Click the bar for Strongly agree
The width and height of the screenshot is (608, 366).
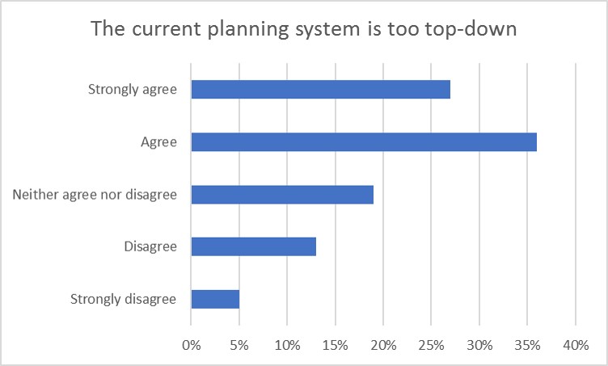[x=320, y=90]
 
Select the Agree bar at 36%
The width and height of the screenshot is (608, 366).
[x=364, y=142]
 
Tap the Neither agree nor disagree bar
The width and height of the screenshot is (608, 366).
[x=282, y=195]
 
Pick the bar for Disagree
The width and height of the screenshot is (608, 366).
[x=253, y=246]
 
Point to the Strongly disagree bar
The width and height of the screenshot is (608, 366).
[x=215, y=299]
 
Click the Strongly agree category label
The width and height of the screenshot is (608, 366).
[x=132, y=90]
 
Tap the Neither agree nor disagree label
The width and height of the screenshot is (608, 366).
[x=95, y=195]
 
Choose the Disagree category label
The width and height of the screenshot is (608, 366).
[x=150, y=246]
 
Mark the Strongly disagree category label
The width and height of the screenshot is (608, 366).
[x=124, y=299]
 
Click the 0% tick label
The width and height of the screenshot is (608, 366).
[x=191, y=346]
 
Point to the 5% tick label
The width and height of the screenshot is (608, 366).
[x=239, y=346]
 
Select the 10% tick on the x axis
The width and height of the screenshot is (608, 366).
[x=287, y=346]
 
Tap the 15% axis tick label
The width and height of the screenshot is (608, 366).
[x=335, y=346]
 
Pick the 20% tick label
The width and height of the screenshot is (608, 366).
[x=383, y=346]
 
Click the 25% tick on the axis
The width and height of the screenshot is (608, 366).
[x=431, y=346]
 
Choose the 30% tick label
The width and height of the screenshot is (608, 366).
[x=479, y=346]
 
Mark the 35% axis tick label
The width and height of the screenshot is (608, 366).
[x=527, y=346]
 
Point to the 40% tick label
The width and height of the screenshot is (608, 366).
[x=575, y=346]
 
